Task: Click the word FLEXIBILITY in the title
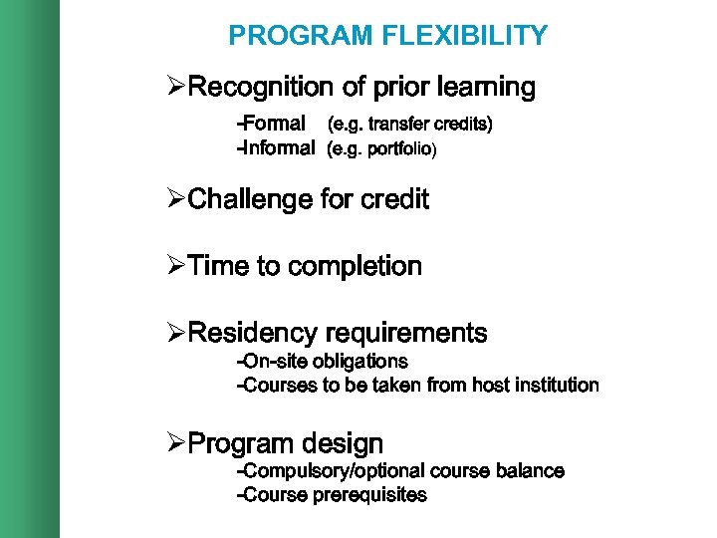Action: pyautogui.click(x=464, y=36)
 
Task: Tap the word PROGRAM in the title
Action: pyautogui.click(x=301, y=36)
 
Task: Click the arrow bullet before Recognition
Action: pyautogui.click(x=176, y=88)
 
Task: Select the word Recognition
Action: pyautogui.click(x=258, y=88)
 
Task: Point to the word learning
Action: pyautogui.click(x=487, y=88)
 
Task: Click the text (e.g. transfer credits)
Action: pyautogui.click(x=410, y=125)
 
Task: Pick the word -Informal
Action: pyautogui.click(x=275, y=149)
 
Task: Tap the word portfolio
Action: pyautogui.click(x=400, y=150)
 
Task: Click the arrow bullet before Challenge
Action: pyautogui.click(x=176, y=199)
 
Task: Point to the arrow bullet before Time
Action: pyautogui.click(x=176, y=267)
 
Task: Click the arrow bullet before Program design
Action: pyautogui.click(x=176, y=442)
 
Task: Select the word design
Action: pyautogui.click(x=343, y=442)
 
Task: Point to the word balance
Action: pyautogui.click(x=528, y=470)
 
